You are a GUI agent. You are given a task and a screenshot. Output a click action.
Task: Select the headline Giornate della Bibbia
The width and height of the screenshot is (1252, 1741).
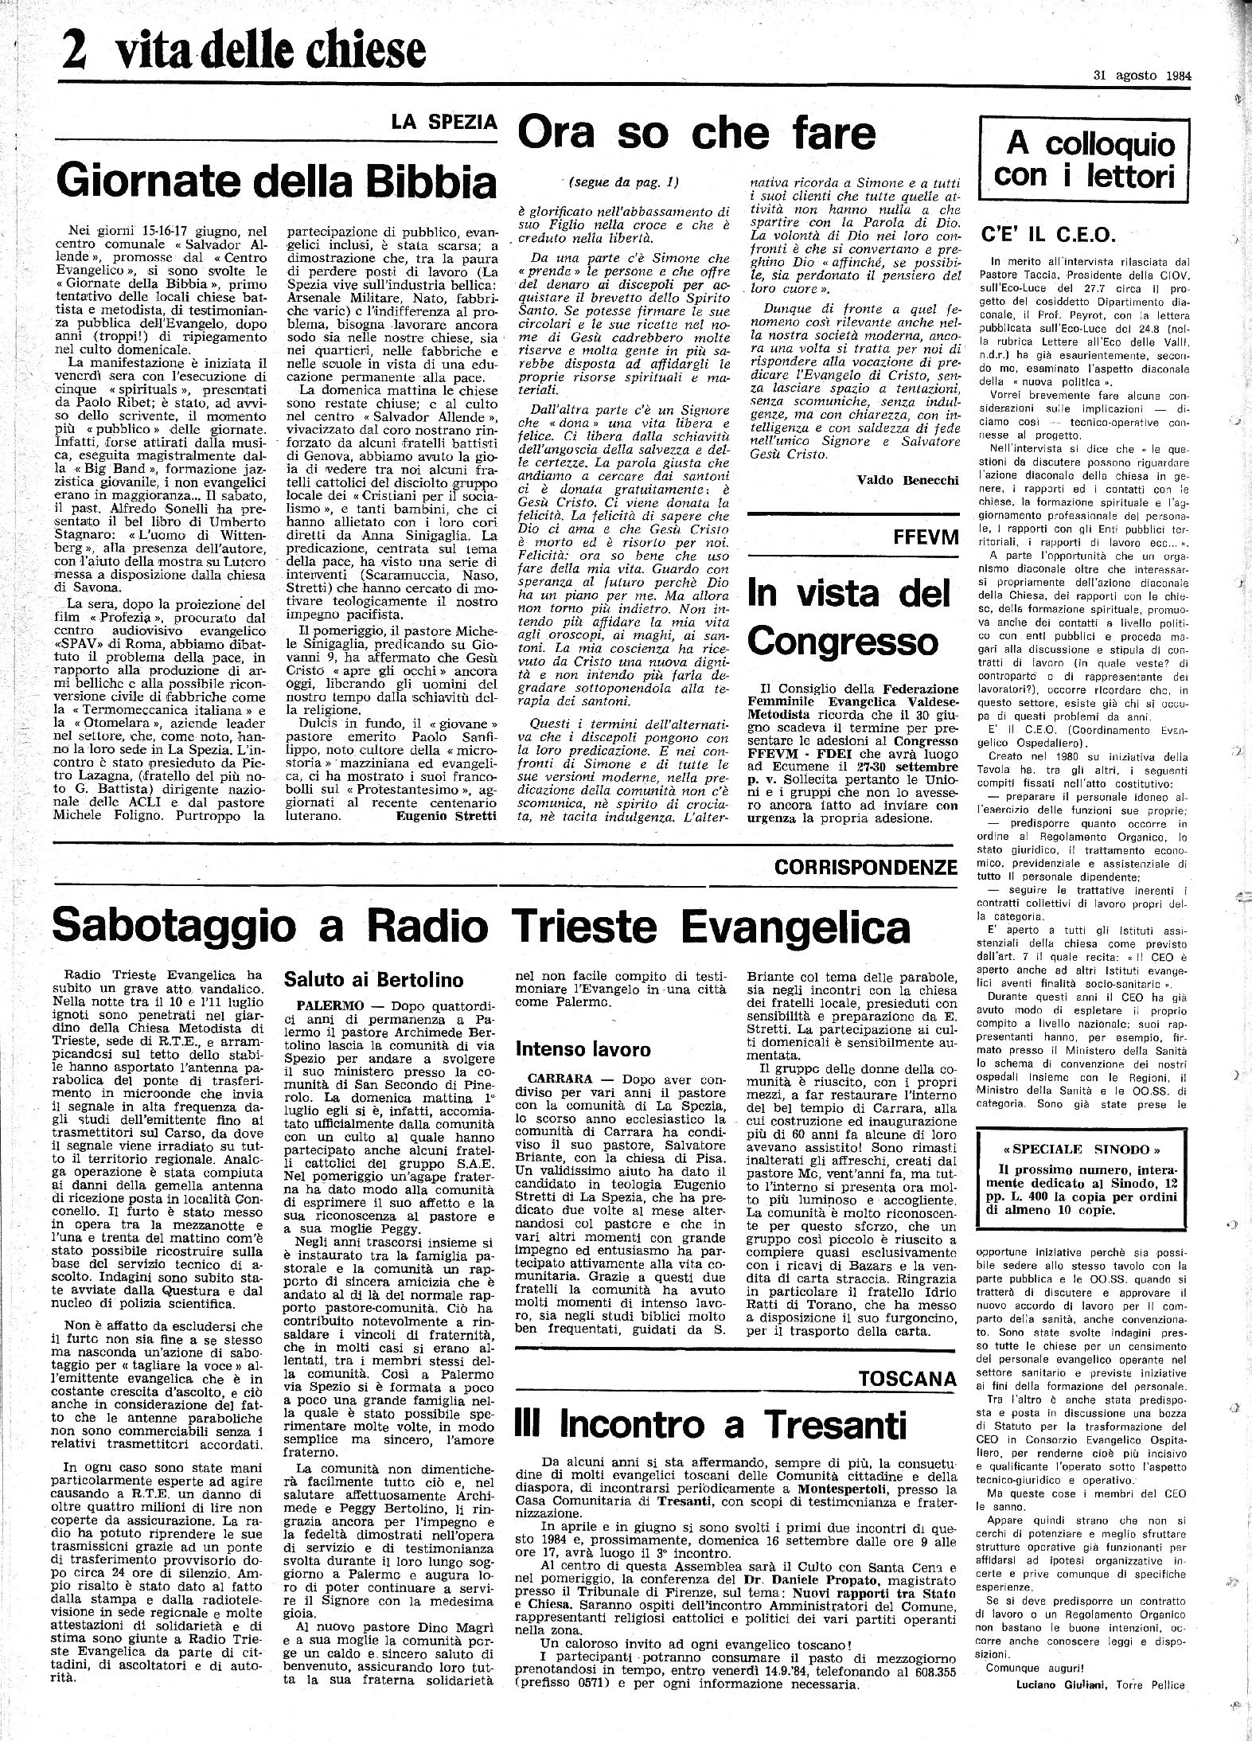[275, 182]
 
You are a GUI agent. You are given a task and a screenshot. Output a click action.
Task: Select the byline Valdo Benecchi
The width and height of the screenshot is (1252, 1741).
[907, 479]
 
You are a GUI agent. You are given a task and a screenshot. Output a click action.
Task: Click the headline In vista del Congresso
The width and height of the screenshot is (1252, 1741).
[848, 615]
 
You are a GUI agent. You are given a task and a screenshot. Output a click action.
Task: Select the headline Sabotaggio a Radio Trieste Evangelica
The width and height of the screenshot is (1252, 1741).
[482, 927]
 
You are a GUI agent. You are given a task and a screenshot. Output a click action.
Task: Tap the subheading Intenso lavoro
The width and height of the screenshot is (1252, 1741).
[583, 1049]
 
